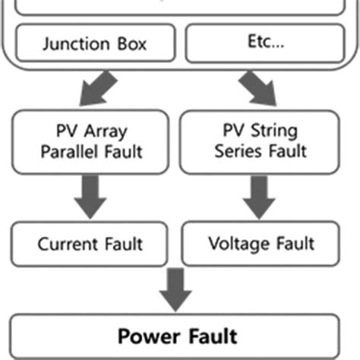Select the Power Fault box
pos(176,336)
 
